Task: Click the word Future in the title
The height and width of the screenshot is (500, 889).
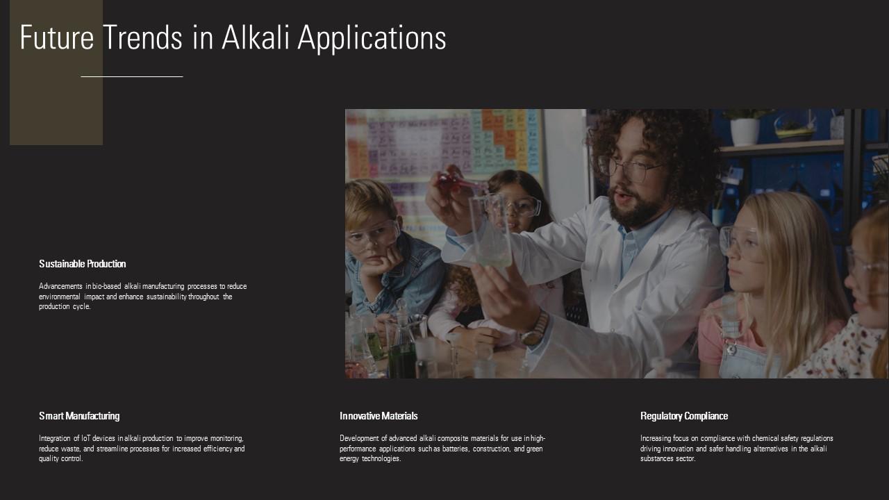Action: pyautogui.click(x=56, y=37)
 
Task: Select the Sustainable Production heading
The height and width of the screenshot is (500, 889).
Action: pyautogui.click(x=83, y=264)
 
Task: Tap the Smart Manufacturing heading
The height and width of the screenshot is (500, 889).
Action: pyautogui.click(x=79, y=416)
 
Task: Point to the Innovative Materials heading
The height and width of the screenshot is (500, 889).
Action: pyautogui.click(x=379, y=416)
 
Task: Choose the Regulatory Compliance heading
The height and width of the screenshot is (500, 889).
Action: pyautogui.click(x=684, y=416)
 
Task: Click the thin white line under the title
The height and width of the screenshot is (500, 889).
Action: pyautogui.click(x=132, y=76)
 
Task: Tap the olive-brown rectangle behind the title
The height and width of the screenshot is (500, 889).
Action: pyautogui.click(x=56, y=104)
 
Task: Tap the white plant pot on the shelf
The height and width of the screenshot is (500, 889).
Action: pyautogui.click(x=745, y=131)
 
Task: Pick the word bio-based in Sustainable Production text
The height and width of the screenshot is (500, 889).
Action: pyautogui.click(x=108, y=287)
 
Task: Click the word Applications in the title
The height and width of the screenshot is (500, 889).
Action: pyautogui.click(x=372, y=37)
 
